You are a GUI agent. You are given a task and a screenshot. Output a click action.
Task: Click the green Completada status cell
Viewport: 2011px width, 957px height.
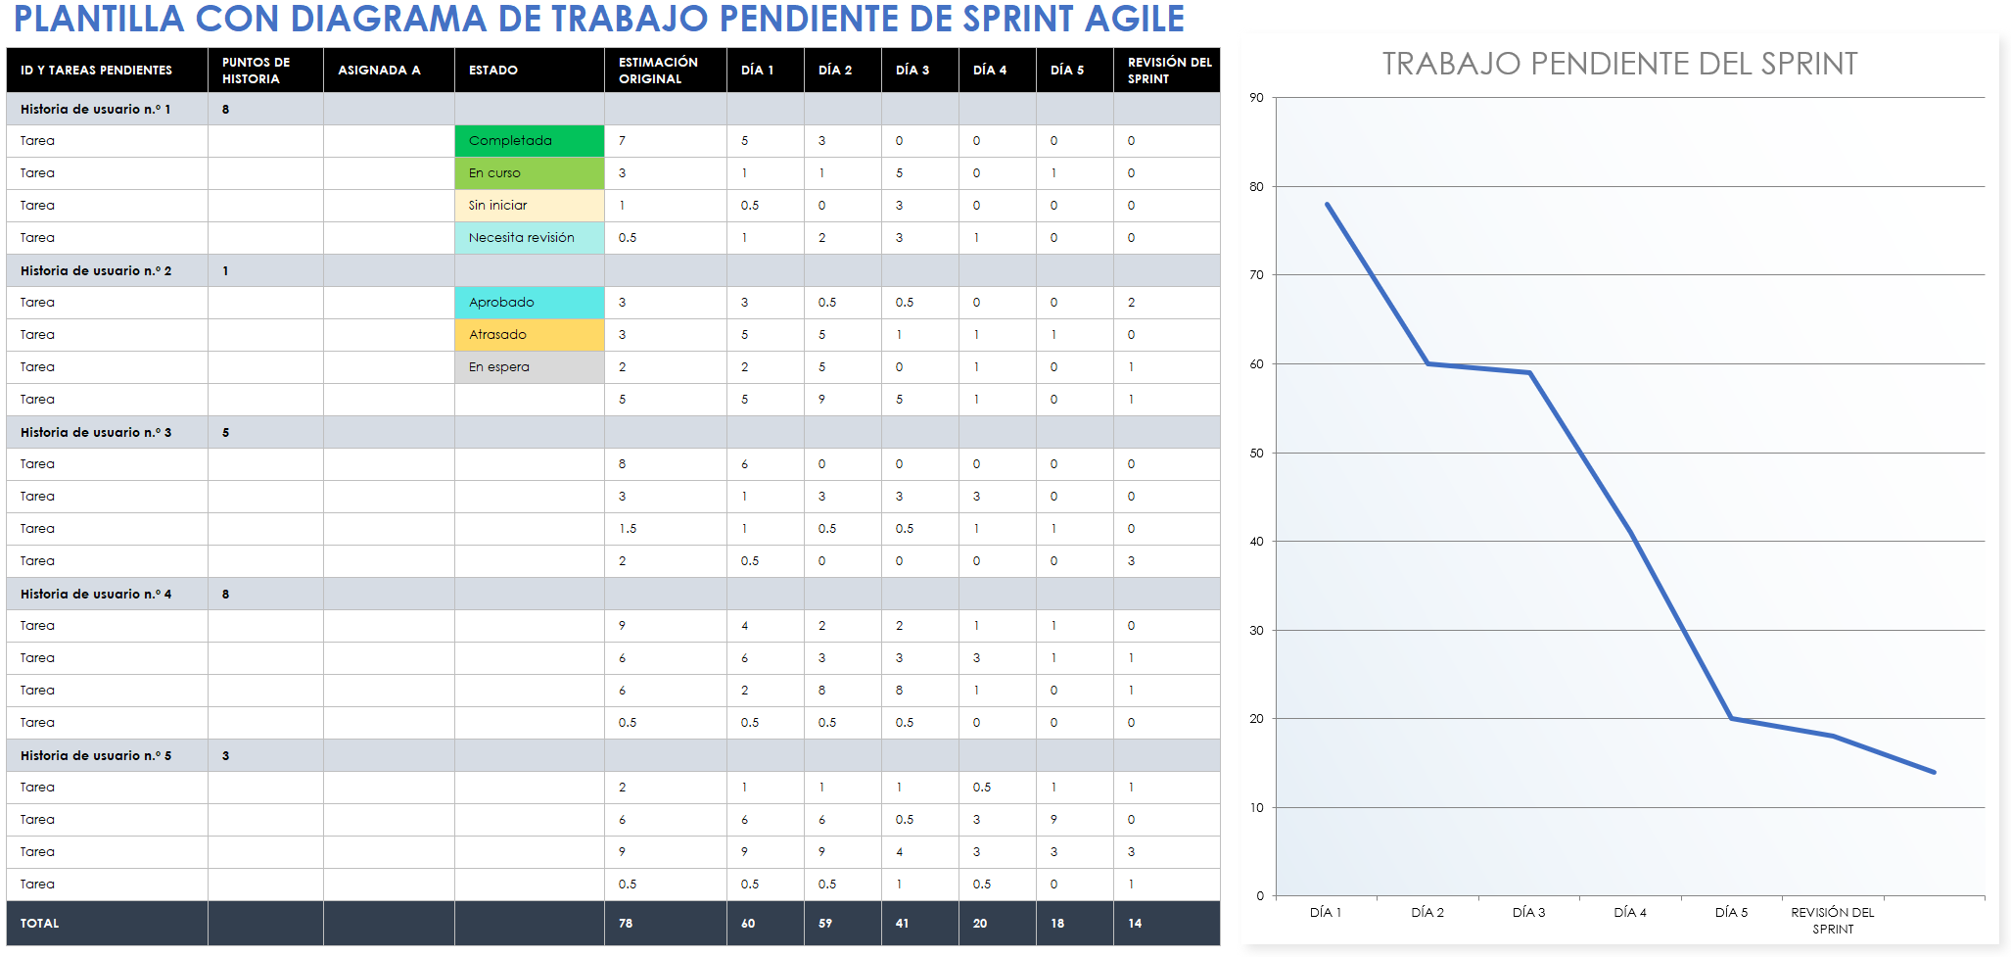point(529,141)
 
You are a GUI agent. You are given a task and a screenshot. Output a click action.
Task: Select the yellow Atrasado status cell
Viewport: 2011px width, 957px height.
point(529,335)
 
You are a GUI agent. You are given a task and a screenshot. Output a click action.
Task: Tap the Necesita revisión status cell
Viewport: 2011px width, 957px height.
point(529,238)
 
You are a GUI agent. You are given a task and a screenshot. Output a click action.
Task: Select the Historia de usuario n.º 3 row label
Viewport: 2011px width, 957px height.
point(96,432)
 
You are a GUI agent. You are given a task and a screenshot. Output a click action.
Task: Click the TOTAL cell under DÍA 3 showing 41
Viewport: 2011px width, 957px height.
point(902,923)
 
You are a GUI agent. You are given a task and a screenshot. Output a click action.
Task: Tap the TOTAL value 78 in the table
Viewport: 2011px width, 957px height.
point(626,923)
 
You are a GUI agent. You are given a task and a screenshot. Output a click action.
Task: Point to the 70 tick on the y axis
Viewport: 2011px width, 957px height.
point(1256,275)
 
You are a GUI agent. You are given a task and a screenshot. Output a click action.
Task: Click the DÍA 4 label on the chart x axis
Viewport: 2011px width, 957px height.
point(1630,912)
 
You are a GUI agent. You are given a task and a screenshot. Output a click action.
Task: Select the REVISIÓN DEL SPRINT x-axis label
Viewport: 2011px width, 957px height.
point(1832,920)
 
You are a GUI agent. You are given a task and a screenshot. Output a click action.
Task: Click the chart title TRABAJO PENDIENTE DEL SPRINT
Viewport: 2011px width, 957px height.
point(1619,64)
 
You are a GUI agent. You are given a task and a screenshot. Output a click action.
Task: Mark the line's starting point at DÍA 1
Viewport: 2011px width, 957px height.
point(1328,204)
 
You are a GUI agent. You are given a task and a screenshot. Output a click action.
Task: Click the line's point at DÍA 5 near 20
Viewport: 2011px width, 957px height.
point(1731,718)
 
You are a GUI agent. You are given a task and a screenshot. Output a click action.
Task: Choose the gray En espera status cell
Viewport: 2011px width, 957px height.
point(529,367)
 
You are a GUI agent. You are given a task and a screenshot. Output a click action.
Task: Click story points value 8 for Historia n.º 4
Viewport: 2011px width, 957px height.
point(225,594)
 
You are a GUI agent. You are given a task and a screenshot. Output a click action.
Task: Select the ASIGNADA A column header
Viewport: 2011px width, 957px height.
point(380,71)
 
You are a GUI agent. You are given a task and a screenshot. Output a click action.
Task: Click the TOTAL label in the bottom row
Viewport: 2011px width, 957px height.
point(40,923)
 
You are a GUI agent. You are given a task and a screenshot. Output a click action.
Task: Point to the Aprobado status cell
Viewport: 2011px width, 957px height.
point(529,303)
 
